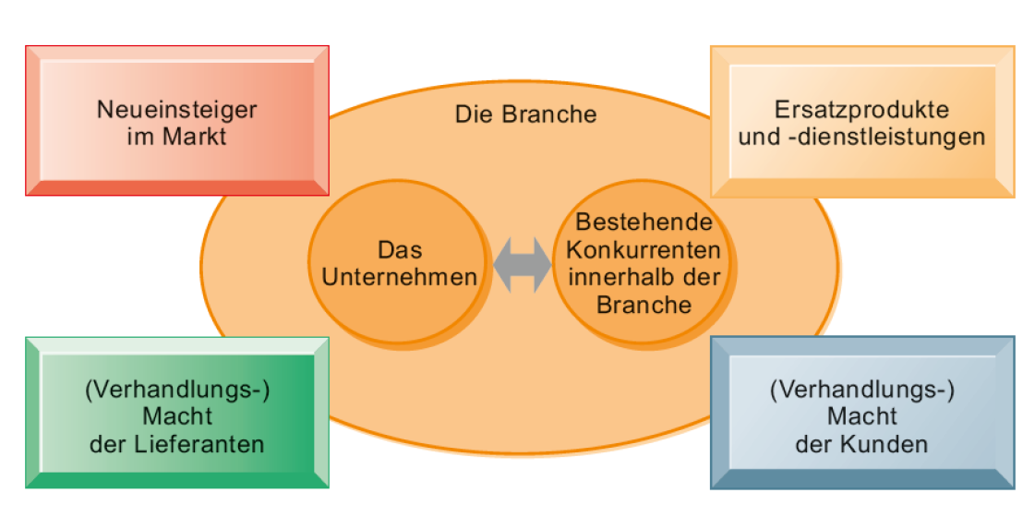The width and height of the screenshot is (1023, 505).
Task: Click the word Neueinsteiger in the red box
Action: (177, 110)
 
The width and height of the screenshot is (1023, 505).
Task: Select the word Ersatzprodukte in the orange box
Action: (862, 110)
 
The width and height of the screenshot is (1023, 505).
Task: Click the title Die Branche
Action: (525, 114)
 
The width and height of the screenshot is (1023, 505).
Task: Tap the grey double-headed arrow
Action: (522, 263)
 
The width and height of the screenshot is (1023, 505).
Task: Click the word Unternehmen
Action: (399, 277)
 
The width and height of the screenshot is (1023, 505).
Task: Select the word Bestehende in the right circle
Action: (644, 222)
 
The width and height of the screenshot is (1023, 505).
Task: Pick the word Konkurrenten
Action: (644, 250)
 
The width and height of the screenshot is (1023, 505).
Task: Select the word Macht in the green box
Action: (177, 415)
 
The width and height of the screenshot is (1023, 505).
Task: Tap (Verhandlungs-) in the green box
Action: (177, 389)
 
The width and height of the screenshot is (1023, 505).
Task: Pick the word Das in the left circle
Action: (400, 249)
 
